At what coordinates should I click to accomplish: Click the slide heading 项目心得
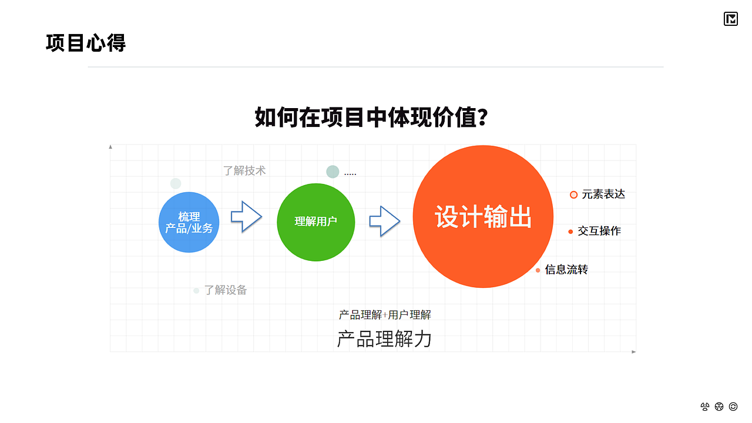[86, 43]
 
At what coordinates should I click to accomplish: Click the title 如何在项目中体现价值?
[371, 117]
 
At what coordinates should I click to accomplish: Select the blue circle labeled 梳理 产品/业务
[189, 222]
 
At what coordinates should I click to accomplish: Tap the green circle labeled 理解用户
[315, 221]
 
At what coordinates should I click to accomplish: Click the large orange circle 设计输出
[483, 217]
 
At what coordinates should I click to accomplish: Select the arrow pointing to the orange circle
[384, 221]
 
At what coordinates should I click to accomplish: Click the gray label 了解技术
[244, 170]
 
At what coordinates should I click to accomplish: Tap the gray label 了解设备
[226, 290]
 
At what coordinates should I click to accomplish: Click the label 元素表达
[603, 194]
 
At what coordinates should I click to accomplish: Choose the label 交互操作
[599, 231]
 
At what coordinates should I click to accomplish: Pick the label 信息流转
[566, 270]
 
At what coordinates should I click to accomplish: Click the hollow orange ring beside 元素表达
[573, 194]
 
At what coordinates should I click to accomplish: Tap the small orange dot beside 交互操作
[570, 231]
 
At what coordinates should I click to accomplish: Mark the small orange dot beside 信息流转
[538, 270]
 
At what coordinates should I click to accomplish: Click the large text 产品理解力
[384, 339]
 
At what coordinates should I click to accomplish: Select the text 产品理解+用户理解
[385, 315]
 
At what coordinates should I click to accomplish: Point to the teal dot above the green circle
[333, 172]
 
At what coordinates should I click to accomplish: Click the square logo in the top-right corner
[730, 19]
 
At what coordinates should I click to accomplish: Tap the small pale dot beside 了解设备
[196, 290]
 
